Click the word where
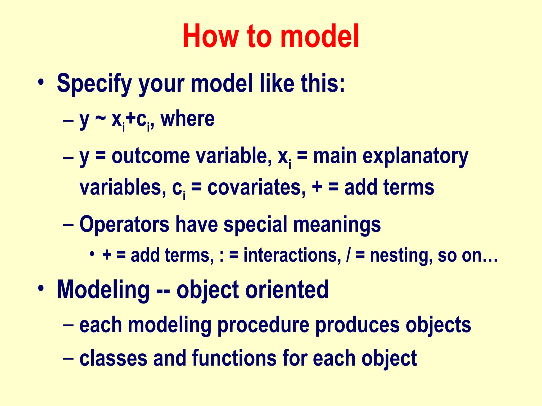point(187,119)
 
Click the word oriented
point(287,290)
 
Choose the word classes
point(113,358)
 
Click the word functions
point(234,358)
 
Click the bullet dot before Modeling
point(41,288)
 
